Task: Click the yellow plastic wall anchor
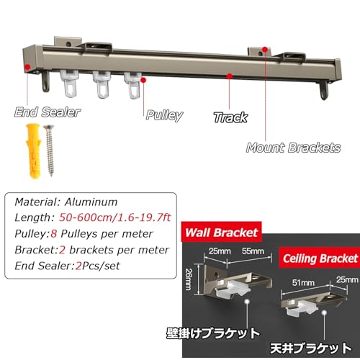[x=34, y=150]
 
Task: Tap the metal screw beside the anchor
[x=49, y=150]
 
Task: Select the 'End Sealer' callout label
[x=48, y=112]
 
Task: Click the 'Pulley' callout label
[x=165, y=115]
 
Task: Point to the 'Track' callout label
[x=230, y=117]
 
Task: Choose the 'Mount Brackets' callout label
[x=294, y=148]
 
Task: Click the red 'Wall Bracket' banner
[x=222, y=232]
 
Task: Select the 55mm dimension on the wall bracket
[x=253, y=251]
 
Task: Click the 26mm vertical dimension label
[x=189, y=279]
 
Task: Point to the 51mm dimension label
[x=303, y=282]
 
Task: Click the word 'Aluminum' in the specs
[x=91, y=202]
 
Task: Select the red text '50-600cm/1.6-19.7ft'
[x=115, y=217]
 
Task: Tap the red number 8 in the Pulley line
[x=53, y=233]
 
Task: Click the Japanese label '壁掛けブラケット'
[x=213, y=333]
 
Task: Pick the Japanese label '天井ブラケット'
[x=311, y=348]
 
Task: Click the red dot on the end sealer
[x=27, y=67]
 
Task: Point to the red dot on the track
[x=230, y=76]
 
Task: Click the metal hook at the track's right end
[x=324, y=91]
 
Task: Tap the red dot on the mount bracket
[x=265, y=50]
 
